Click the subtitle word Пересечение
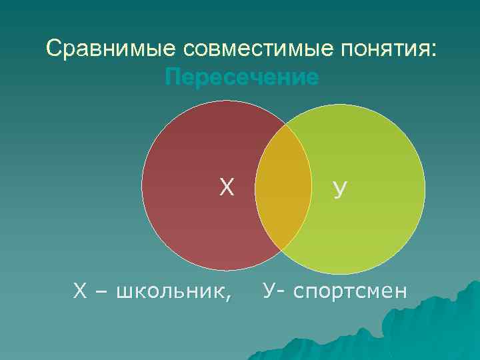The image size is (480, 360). (x=241, y=78)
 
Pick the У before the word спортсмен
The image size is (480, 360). (x=269, y=290)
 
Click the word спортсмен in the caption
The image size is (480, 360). (x=353, y=291)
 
